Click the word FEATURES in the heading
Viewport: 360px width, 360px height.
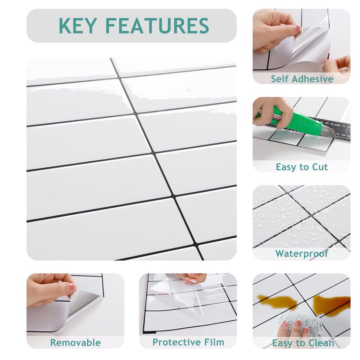tap(157, 25)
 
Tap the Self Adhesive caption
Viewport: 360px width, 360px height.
tap(302, 79)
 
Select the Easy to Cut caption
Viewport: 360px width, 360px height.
tap(302, 167)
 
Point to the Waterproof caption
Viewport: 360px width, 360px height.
tap(302, 254)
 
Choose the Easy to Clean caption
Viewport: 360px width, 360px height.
tap(303, 343)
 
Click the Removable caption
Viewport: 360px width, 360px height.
tap(76, 342)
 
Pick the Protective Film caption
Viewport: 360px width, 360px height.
tap(188, 342)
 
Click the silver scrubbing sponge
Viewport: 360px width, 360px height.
tap(301, 326)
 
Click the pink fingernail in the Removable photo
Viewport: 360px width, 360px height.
tap(71, 287)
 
